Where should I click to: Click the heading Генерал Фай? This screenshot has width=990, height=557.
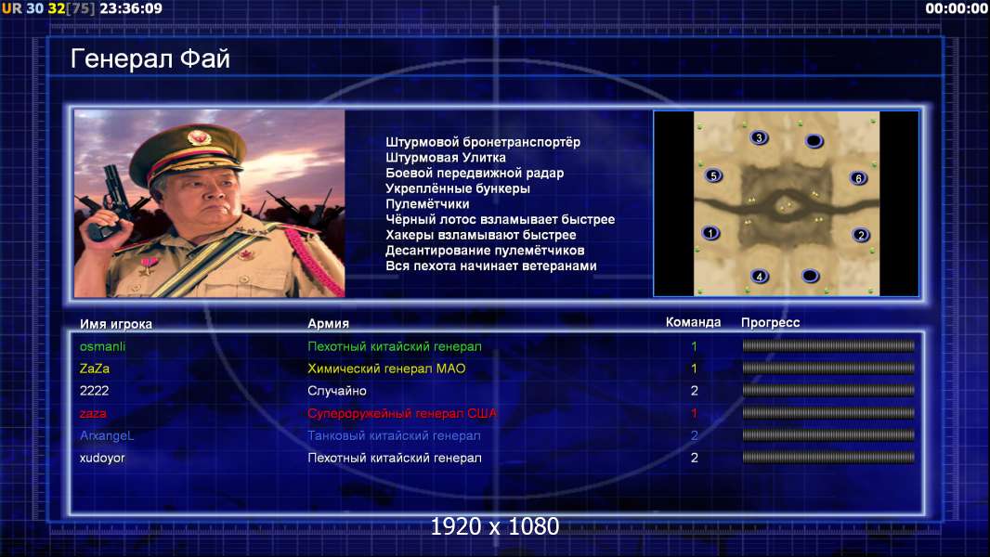point(150,59)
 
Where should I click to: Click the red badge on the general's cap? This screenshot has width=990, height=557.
point(199,136)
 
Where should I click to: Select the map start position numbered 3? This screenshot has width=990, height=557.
point(759,137)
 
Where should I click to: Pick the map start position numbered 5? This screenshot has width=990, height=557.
point(713,176)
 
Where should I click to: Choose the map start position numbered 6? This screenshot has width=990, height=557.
point(858,178)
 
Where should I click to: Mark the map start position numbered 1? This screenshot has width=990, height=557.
point(710,233)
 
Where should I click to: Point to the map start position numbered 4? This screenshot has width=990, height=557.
point(760,277)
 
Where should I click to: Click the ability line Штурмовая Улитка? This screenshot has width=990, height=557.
point(446,158)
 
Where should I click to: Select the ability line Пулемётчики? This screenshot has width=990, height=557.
point(427,204)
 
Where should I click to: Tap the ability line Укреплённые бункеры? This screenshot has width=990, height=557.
point(458,188)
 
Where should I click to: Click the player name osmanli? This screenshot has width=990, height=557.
point(102,346)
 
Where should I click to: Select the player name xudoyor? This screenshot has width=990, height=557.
point(102,458)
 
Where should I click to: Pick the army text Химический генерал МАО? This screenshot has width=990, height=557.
point(386,369)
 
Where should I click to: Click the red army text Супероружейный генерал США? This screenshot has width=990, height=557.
point(402,414)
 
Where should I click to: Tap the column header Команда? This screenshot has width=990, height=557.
point(693,322)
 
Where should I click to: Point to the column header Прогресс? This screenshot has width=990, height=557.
point(770,323)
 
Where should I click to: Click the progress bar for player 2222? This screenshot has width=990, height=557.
point(828,391)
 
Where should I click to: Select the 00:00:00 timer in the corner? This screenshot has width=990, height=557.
point(956,8)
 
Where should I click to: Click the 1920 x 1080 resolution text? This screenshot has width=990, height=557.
point(494,526)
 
